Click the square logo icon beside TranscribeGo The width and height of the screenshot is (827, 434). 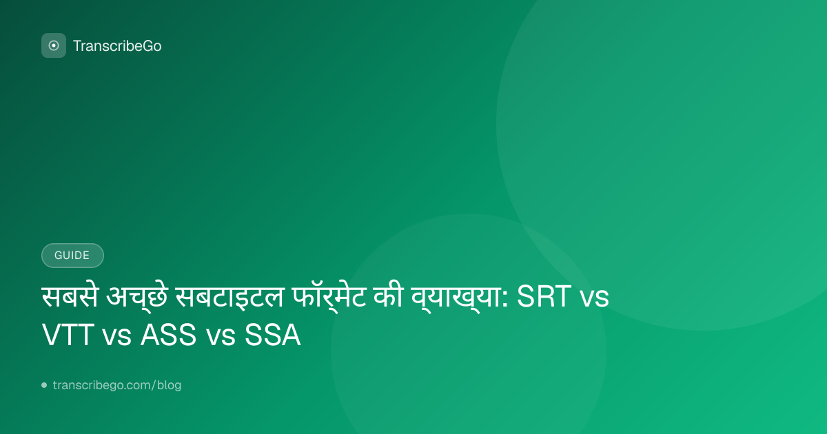(x=54, y=45)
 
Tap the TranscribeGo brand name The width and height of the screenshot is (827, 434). (x=117, y=46)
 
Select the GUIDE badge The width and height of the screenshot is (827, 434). (x=72, y=256)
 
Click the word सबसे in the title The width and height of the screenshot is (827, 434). (x=70, y=296)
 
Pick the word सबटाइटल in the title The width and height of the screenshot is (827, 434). (x=229, y=296)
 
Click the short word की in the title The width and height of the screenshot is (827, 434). (x=387, y=296)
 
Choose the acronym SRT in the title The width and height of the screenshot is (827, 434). (x=544, y=296)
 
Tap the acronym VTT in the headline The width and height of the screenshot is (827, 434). (x=68, y=335)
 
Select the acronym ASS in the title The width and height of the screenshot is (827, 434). (x=168, y=335)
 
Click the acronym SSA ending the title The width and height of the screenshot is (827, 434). (x=272, y=335)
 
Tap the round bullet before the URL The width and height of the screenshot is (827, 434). (x=44, y=385)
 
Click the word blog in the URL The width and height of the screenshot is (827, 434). (x=169, y=385)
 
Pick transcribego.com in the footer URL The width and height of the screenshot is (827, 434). (x=102, y=385)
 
